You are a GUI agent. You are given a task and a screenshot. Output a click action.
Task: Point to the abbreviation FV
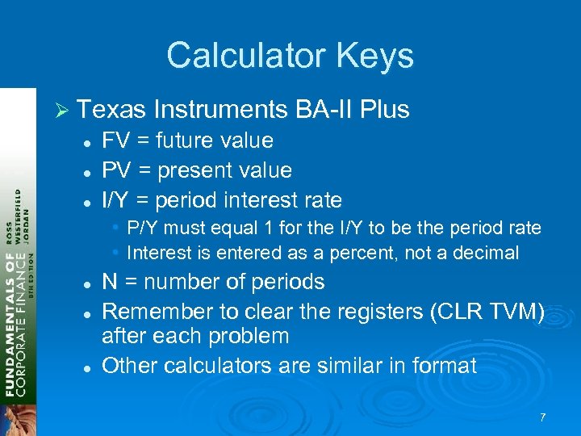pyautogui.click(x=116, y=140)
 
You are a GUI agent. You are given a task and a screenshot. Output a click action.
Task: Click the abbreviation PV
pyautogui.click(x=116, y=170)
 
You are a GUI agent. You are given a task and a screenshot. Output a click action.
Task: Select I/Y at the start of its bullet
pyautogui.click(x=118, y=200)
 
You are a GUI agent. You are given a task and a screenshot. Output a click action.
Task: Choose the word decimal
pyautogui.click(x=483, y=253)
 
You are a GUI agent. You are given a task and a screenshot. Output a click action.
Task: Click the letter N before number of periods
pyautogui.click(x=110, y=282)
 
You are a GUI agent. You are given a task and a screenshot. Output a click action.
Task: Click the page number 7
pyautogui.click(x=542, y=417)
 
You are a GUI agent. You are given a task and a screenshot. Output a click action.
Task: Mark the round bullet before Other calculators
pyautogui.click(x=85, y=367)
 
